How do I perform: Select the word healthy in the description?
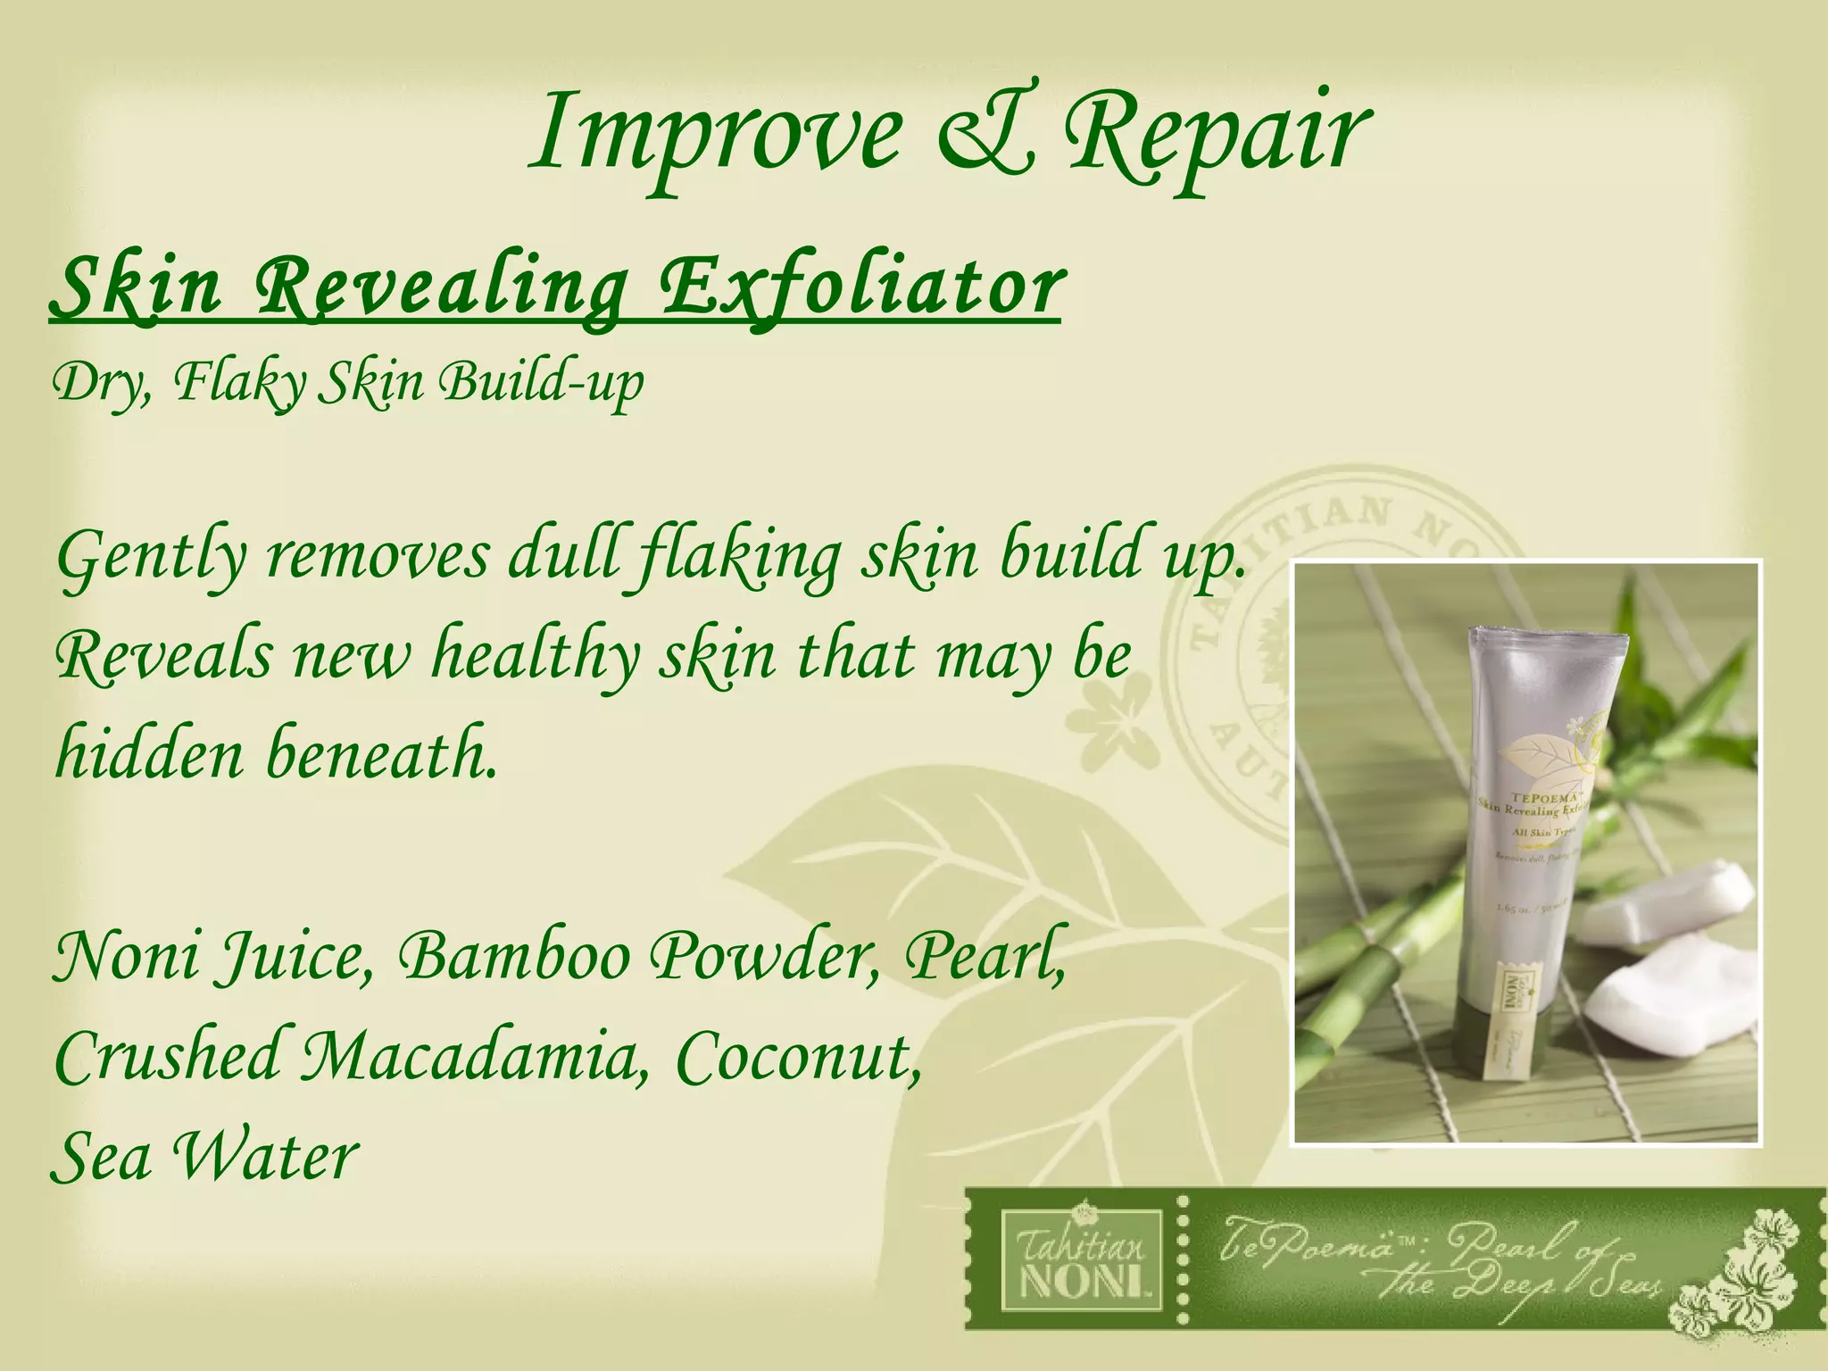click(536, 656)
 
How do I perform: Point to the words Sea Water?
click(205, 1157)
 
